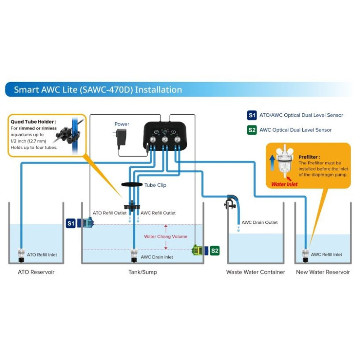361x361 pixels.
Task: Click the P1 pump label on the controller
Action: [x=153, y=139]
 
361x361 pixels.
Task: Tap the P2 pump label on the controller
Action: [x=165, y=139]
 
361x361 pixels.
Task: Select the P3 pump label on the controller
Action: [x=177, y=139]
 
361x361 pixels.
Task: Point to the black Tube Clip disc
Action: [x=131, y=185]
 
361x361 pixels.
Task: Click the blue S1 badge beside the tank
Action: [x=71, y=223]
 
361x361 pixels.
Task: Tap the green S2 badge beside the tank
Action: [x=215, y=250]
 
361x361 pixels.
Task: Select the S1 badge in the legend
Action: [x=252, y=115]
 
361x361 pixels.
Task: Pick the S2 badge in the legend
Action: [x=252, y=130]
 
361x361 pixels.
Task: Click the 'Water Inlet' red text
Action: [x=285, y=184]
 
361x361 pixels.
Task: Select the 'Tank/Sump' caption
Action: [x=143, y=272]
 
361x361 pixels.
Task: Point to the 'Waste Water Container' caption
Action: [x=256, y=272]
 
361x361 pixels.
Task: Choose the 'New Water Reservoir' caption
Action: [x=323, y=272]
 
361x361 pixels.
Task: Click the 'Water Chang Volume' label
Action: [x=166, y=236]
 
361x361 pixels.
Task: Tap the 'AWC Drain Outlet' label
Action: [x=259, y=222]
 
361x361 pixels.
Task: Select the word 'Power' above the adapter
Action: [x=122, y=124]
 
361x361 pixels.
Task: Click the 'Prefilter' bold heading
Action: [x=309, y=157]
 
